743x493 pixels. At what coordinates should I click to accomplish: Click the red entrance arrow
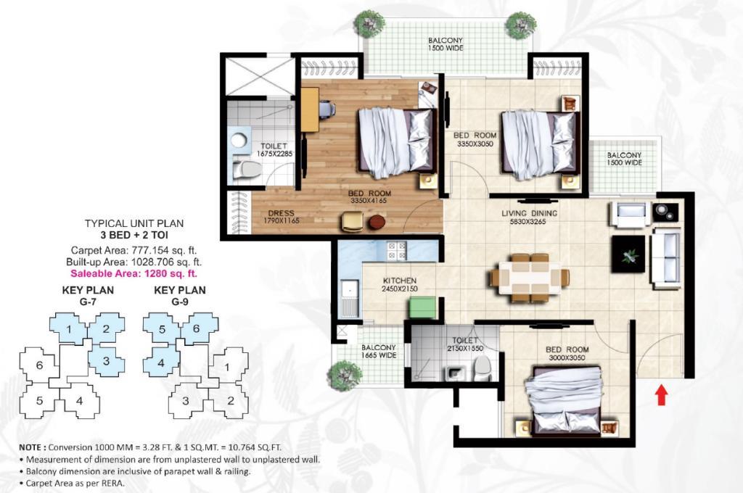click(x=662, y=395)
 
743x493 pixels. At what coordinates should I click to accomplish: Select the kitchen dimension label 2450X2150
click(x=400, y=289)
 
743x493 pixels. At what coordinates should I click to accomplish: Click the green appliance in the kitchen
click(x=423, y=307)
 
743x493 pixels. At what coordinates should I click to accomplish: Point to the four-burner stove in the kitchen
click(x=397, y=251)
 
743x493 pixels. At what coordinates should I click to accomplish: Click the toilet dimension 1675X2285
click(x=275, y=154)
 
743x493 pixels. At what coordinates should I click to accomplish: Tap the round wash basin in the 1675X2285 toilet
click(x=239, y=141)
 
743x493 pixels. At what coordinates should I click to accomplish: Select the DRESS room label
click(x=281, y=213)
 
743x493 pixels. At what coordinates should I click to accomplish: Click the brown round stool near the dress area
click(x=377, y=222)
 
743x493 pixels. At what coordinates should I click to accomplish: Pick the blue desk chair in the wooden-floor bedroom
click(x=327, y=109)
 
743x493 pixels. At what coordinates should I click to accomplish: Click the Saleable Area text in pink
click(x=134, y=273)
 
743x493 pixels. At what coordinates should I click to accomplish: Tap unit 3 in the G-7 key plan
click(x=106, y=361)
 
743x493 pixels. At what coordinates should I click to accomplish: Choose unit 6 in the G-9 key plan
click(x=196, y=328)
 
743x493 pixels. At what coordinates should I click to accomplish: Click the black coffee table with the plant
click(x=628, y=254)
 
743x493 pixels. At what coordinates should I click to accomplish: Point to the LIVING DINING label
click(x=529, y=213)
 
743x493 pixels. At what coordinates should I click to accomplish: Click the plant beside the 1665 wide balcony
click(x=345, y=376)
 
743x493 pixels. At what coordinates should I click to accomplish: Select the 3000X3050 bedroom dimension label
click(x=567, y=358)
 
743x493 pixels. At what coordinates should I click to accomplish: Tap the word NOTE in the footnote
click(x=31, y=447)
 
